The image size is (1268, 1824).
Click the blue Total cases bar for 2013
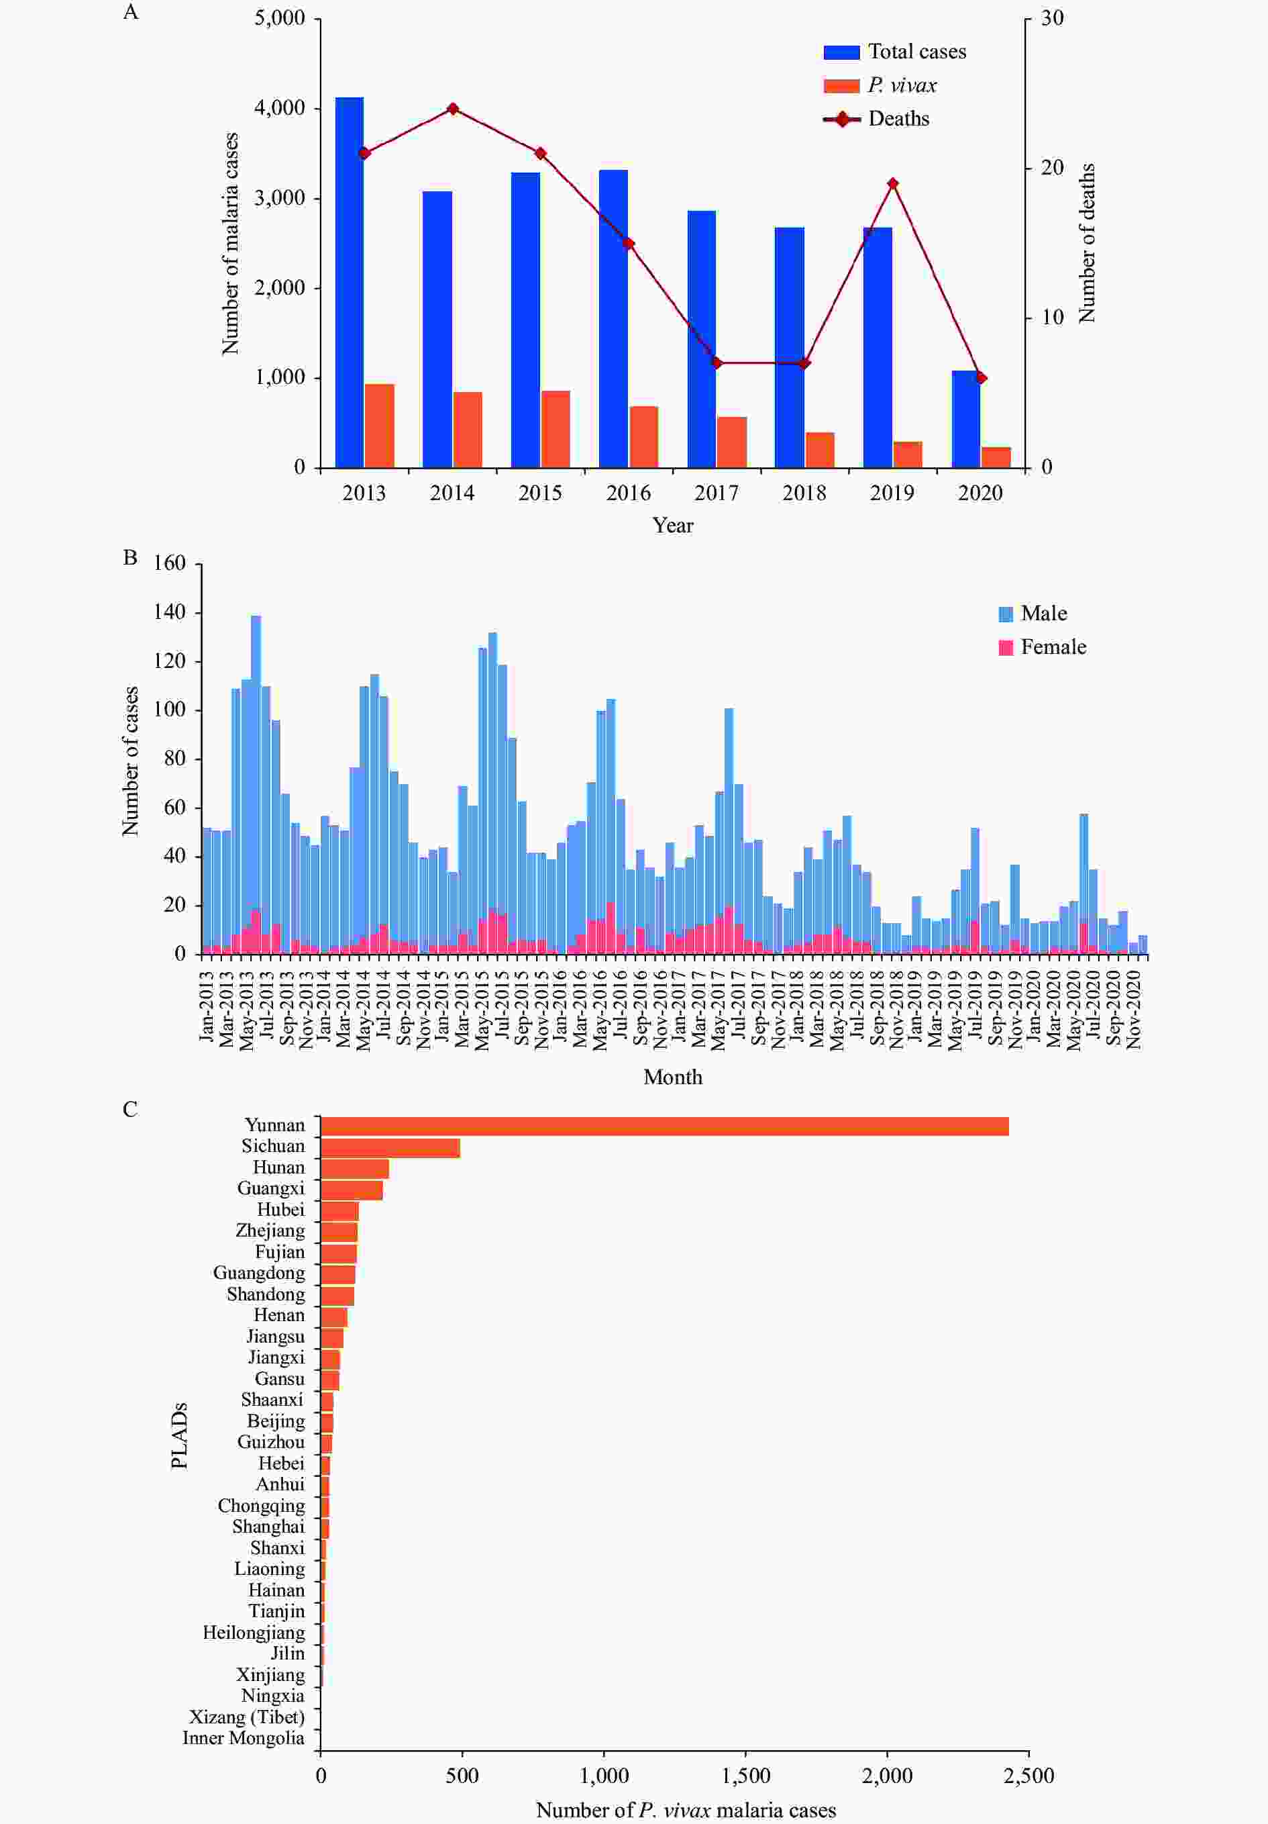click(x=350, y=282)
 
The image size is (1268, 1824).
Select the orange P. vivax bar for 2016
click(x=644, y=436)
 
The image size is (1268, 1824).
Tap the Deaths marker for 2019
click(x=892, y=183)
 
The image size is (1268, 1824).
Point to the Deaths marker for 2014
click(x=453, y=109)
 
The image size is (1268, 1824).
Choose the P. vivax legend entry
click(x=901, y=86)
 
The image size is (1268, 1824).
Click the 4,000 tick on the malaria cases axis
click(x=280, y=108)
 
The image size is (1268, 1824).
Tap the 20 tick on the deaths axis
click(x=1052, y=168)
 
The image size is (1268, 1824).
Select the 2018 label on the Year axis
click(x=804, y=493)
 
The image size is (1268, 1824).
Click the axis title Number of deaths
click(x=1087, y=243)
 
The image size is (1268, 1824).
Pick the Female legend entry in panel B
click(x=1052, y=647)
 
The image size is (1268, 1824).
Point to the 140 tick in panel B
click(x=169, y=612)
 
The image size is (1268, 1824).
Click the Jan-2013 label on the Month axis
click(x=207, y=1006)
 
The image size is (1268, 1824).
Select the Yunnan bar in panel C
click(x=664, y=1126)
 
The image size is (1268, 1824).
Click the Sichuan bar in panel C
click(x=390, y=1148)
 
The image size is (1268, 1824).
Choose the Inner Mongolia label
click(x=243, y=1738)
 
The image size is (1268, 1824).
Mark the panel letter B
click(x=130, y=558)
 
